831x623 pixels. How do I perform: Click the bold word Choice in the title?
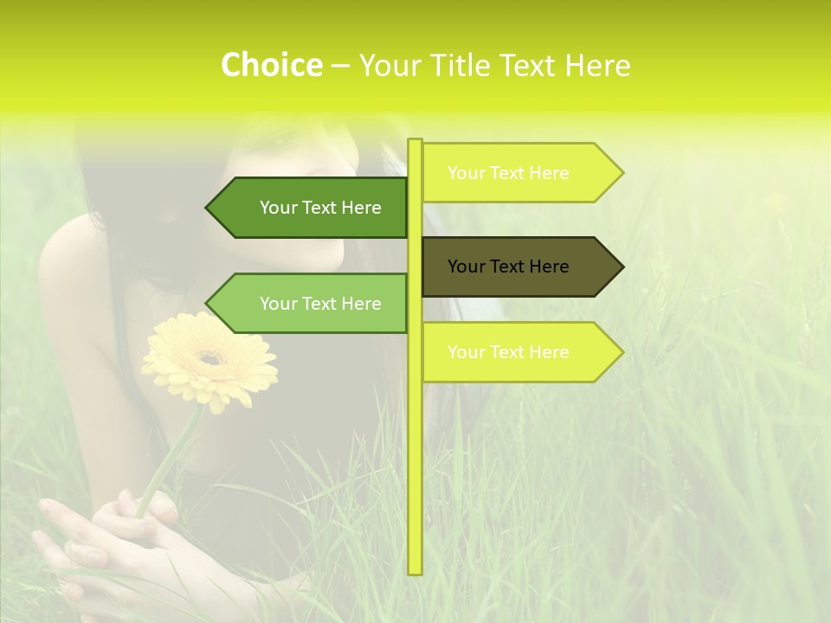(271, 65)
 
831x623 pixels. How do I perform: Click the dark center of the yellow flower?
(209, 357)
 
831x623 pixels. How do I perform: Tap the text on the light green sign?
(320, 304)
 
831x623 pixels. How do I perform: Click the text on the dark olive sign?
(508, 267)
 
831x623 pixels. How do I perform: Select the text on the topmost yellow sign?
(508, 173)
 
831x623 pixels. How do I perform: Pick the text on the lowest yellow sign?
(508, 352)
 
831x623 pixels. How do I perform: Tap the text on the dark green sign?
(320, 208)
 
